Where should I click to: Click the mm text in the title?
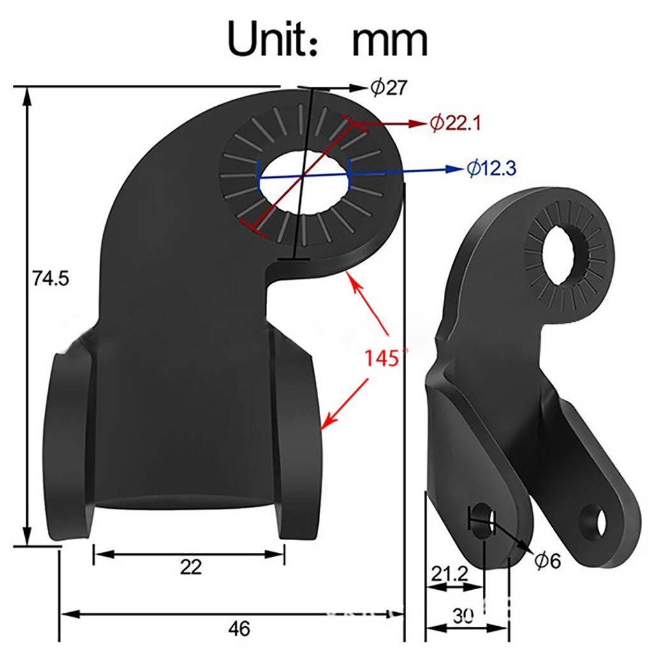[x=390, y=40]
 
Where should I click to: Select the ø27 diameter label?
[x=389, y=88]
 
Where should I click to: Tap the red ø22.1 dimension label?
[x=456, y=123]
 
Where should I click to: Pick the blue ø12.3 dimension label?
[x=490, y=168]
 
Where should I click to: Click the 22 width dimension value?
[x=190, y=566]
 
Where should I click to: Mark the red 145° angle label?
[x=385, y=357]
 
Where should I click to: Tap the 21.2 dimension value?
[x=448, y=573]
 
